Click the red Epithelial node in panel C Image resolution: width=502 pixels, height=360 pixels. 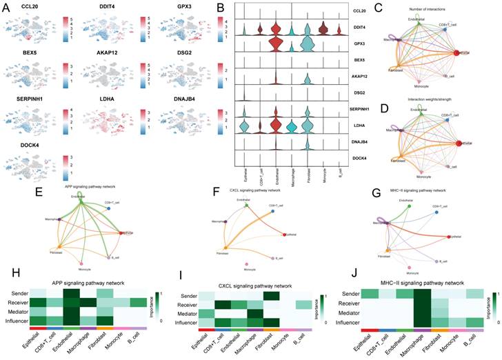tap(458, 52)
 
